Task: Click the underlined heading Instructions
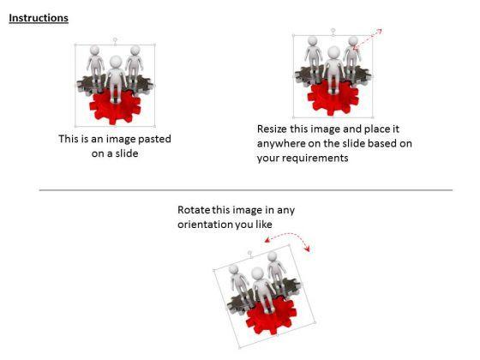tap(39, 18)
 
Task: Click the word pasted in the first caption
tap(154, 139)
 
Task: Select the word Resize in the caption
tap(272, 129)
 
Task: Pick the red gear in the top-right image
tap(333, 98)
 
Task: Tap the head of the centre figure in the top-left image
tap(116, 62)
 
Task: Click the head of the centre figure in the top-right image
tap(333, 52)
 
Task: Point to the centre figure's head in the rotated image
tap(257, 273)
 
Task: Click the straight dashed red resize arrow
tap(368, 39)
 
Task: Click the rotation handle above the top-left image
tap(115, 40)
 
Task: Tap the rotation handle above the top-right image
tap(333, 30)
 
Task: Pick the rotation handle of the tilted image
tap(249, 253)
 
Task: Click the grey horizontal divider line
tap(246, 190)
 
